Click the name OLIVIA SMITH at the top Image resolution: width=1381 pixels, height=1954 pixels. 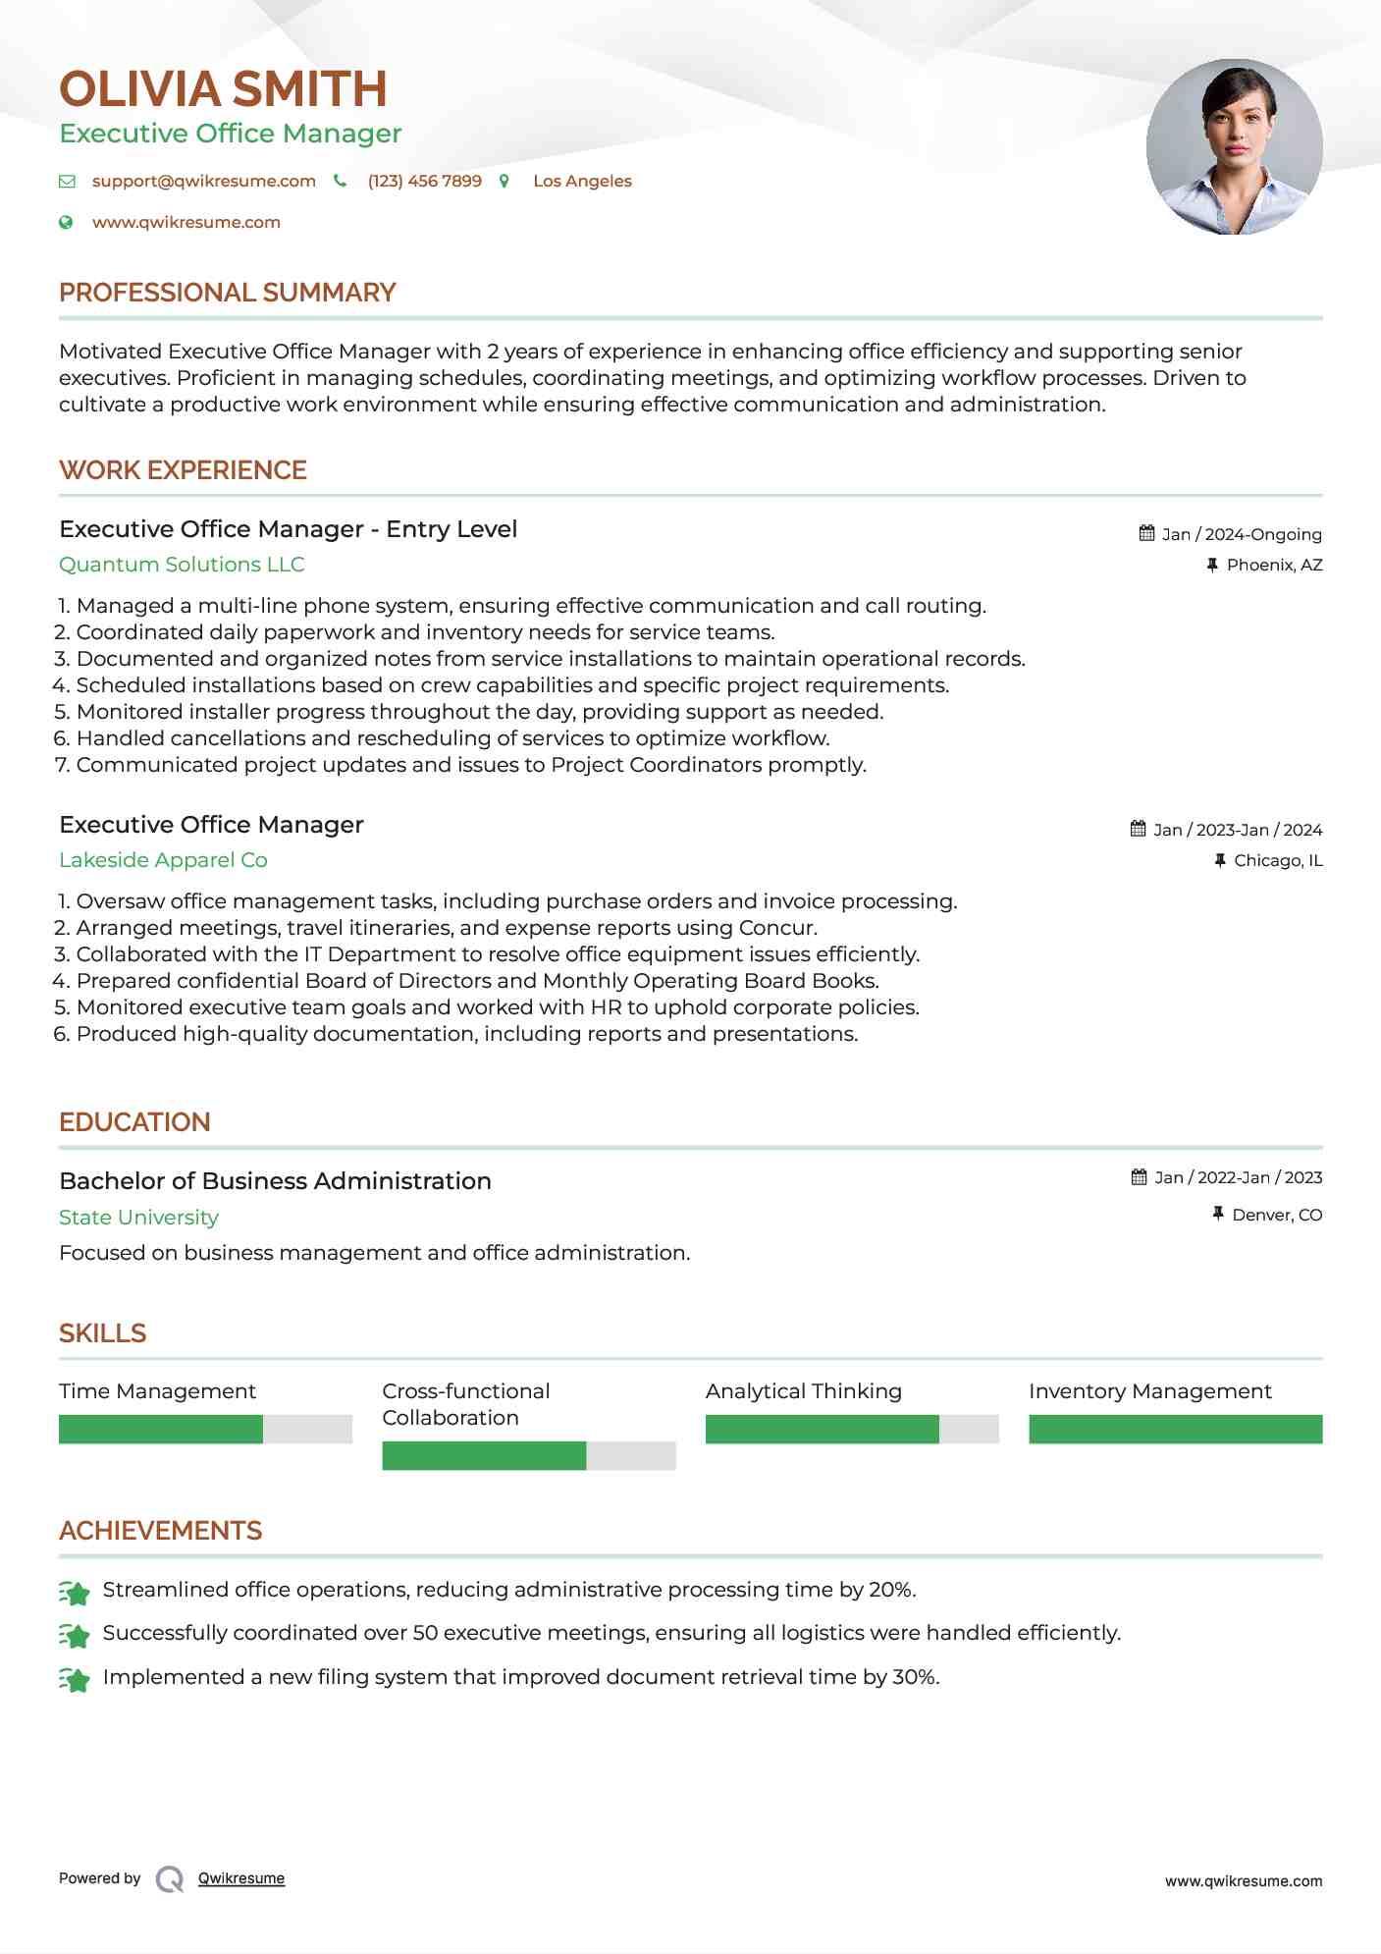(223, 89)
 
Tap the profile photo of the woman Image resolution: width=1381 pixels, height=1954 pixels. (1234, 147)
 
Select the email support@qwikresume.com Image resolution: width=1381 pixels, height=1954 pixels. (203, 182)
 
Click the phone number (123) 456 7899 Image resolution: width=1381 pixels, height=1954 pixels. (424, 182)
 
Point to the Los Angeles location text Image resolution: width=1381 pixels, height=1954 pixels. (582, 182)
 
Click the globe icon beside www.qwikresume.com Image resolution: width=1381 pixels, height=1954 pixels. (66, 223)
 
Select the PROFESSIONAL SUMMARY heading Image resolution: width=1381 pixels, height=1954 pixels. (227, 293)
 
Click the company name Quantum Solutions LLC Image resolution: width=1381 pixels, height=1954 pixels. (182, 565)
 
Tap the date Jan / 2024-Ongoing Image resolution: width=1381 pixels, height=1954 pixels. (1241, 535)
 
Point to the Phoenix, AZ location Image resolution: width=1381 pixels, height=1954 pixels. (1274, 566)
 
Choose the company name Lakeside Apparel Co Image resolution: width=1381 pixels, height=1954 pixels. (163, 860)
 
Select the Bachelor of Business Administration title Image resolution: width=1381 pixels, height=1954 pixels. (275, 1181)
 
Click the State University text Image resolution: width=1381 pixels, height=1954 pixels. (138, 1218)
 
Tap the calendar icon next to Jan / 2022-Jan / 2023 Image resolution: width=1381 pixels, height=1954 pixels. (1139, 1177)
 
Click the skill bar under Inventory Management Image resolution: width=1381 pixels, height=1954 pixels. (1175, 1430)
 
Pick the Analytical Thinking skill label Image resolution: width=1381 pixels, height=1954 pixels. (803, 1391)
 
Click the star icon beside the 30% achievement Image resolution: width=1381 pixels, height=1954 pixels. (75, 1679)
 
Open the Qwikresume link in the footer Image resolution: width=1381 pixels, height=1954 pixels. (240, 1878)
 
